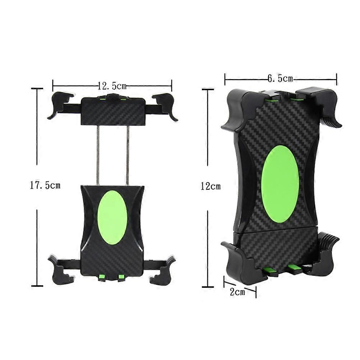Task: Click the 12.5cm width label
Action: (112, 86)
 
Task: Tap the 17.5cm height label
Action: (45, 185)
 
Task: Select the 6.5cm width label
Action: (280, 79)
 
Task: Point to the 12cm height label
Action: (211, 186)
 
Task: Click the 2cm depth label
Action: (237, 292)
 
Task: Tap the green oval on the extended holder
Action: (112, 217)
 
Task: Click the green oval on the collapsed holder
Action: (280, 184)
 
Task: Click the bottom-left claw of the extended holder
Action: (61, 269)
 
